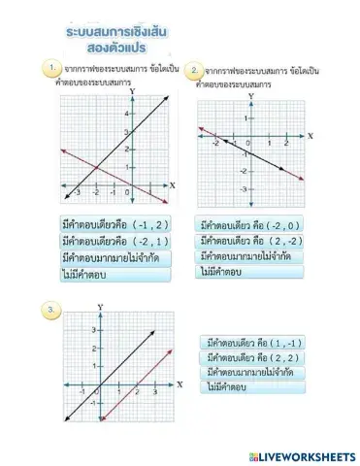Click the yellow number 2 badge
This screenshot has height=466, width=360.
point(196,71)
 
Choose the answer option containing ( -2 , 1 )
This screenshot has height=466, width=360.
point(115,240)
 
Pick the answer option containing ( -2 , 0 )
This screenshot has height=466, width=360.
point(255,224)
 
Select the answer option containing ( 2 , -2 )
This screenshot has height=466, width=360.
point(255,241)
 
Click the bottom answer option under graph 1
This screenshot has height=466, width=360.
point(115,275)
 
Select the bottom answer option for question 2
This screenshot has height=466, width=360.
point(255,273)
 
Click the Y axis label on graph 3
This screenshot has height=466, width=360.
point(100,308)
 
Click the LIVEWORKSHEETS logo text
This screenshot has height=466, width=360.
point(302,455)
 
